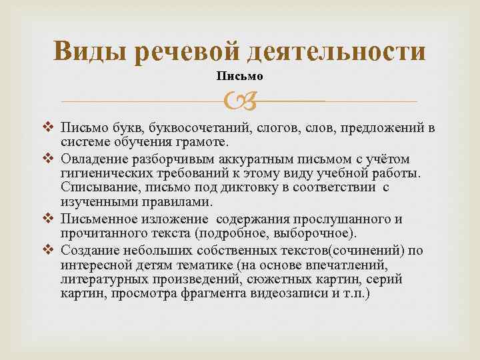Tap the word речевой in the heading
click(192, 52)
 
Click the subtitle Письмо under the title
click(239, 76)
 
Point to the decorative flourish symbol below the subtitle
click(239, 101)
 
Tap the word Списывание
click(93, 188)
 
